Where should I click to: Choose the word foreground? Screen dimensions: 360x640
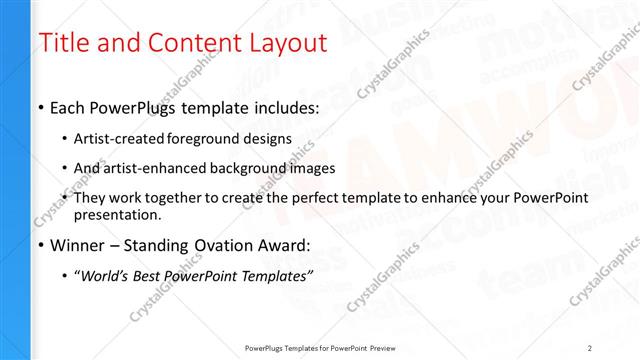(x=210, y=138)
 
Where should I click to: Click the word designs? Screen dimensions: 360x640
(x=270, y=138)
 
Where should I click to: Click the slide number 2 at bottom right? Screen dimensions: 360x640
(x=590, y=347)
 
